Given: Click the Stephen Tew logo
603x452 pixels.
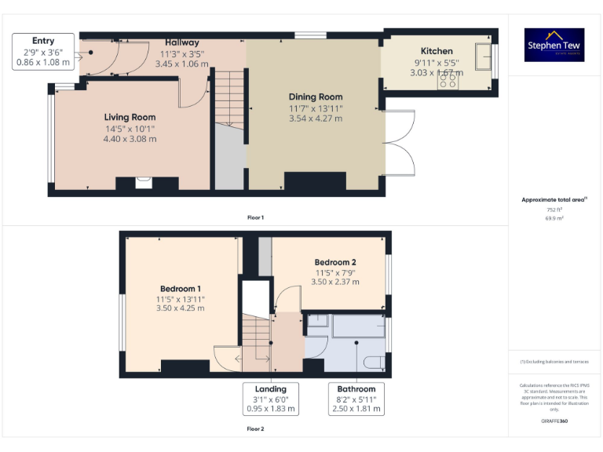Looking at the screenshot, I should tap(554, 45).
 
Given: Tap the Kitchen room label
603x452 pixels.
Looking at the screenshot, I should tap(437, 51).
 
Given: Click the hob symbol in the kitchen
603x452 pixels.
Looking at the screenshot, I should tap(454, 82).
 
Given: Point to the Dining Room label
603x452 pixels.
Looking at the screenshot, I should tap(316, 97).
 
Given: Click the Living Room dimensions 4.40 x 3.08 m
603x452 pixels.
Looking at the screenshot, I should tap(130, 139).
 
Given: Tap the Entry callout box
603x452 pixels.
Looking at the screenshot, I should tap(43, 52).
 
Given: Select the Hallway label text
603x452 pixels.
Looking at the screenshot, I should tap(182, 42).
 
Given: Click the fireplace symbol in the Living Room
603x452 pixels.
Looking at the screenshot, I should tap(143, 183).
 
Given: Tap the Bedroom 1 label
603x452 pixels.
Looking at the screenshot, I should tap(180, 289).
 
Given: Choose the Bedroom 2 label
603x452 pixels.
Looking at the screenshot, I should tap(335, 262).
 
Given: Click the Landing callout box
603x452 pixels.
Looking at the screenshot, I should tap(271, 399).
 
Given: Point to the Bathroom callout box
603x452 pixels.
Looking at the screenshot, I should tap(356, 399).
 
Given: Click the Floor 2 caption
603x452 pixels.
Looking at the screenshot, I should tap(255, 429).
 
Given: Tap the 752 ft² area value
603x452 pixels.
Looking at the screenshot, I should tap(554, 210).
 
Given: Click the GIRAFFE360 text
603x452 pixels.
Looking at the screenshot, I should tap(554, 421).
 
